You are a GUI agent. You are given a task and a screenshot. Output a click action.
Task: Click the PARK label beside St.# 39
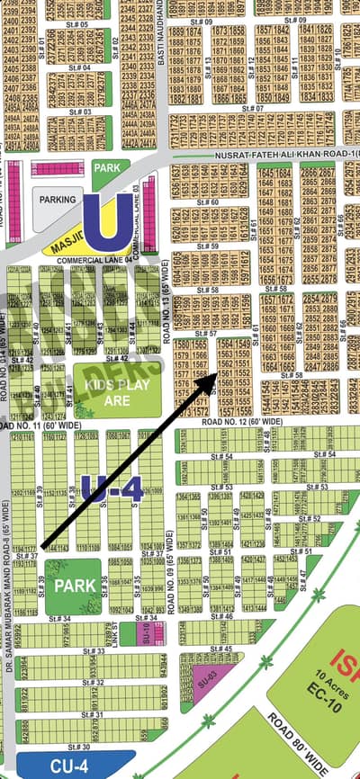coord(68,585)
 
